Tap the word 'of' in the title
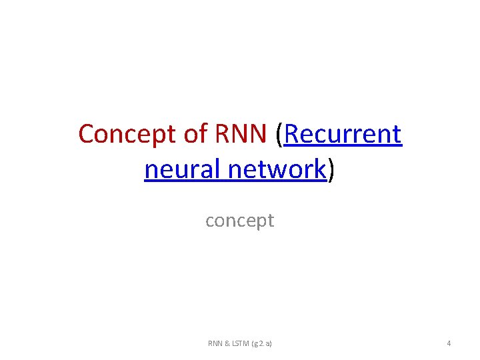pos(195,134)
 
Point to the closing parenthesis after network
pos(331,171)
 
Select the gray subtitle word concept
pos(239,221)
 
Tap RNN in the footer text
pos(215,343)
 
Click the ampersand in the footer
pos(227,343)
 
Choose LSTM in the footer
pos(241,343)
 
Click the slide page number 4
pos(449,343)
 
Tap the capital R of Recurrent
pos(292,134)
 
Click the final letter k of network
pos(320,169)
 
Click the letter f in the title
pos(203,134)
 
